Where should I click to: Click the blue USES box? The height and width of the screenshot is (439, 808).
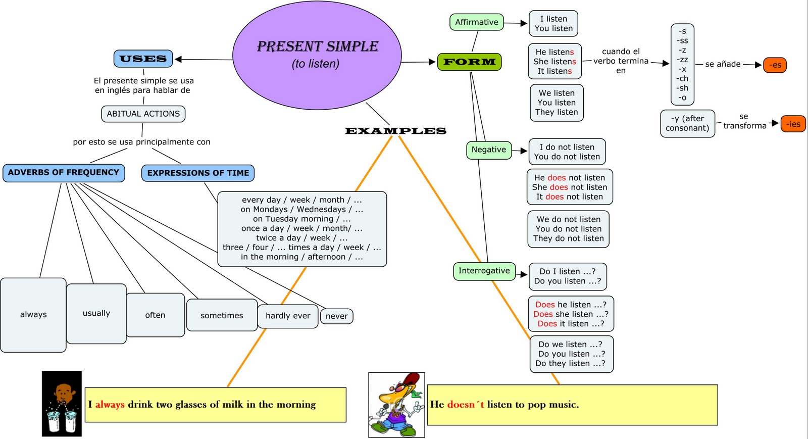point(143,59)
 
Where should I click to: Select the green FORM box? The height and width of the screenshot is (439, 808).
point(469,62)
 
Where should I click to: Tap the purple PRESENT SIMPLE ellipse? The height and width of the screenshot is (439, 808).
point(317,55)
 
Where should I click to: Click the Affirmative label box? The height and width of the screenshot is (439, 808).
point(476,22)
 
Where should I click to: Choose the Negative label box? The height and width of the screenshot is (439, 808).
point(488,150)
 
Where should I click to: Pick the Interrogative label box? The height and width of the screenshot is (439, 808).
point(484,271)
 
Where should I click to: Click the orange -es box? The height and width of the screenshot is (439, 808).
point(775,65)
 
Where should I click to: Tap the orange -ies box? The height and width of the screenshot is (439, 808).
point(793,124)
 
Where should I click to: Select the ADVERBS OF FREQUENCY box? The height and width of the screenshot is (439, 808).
point(64,173)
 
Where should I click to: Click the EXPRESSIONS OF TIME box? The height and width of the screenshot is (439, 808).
point(198,173)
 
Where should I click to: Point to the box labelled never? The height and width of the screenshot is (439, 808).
point(336,316)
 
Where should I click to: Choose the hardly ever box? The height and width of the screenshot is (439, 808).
point(288,316)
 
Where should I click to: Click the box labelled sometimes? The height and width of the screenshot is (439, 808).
point(222,315)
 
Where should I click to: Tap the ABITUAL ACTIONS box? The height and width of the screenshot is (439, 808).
point(143,114)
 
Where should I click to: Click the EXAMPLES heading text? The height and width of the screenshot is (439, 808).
point(395,131)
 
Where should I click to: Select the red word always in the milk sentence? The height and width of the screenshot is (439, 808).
point(110,405)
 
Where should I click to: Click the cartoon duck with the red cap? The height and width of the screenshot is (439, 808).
point(396,405)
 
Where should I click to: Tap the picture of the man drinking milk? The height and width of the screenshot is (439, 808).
point(62,404)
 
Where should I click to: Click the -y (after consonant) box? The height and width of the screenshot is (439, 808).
point(687,123)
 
